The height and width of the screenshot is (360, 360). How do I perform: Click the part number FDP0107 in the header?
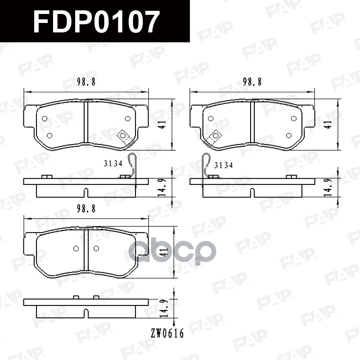point(96,21)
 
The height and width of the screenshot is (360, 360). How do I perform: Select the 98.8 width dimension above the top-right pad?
point(252,82)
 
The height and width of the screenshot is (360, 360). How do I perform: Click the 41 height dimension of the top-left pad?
point(163,124)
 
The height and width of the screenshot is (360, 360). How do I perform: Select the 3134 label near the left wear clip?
point(113,164)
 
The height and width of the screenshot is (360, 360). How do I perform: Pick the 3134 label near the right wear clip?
point(223,165)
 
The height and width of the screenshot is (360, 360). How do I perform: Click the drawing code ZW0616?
point(167,333)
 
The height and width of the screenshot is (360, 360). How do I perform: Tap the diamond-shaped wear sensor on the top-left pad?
point(123,135)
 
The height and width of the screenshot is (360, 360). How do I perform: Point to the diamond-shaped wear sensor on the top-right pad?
point(216,135)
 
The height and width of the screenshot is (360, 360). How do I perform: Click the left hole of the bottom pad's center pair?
point(76,248)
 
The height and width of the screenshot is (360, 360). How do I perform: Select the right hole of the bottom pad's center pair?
point(96,248)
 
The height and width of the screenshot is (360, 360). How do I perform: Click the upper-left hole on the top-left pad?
point(44,118)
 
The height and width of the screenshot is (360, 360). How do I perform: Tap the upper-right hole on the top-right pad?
point(294,118)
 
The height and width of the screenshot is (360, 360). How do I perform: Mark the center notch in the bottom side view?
point(85,312)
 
